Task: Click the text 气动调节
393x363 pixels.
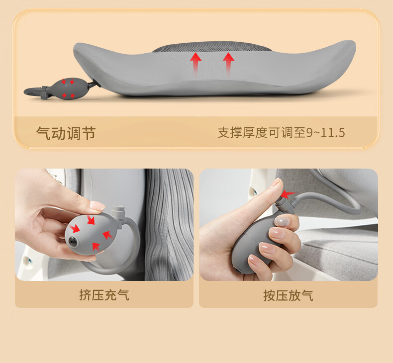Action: point(66,133)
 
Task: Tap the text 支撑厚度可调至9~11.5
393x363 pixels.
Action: point(281,133)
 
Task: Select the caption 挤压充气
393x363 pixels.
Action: point(104,295)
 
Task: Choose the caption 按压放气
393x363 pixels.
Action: point(288,295)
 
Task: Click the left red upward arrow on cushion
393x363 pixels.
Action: point(196,63)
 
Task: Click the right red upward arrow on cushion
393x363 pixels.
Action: point(228,63)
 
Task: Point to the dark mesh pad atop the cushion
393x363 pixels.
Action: point(212,47)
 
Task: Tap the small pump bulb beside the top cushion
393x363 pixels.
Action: point(69,88)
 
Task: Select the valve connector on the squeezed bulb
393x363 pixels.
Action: point(119,214)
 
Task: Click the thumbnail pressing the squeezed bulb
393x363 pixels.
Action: point(97,205)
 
